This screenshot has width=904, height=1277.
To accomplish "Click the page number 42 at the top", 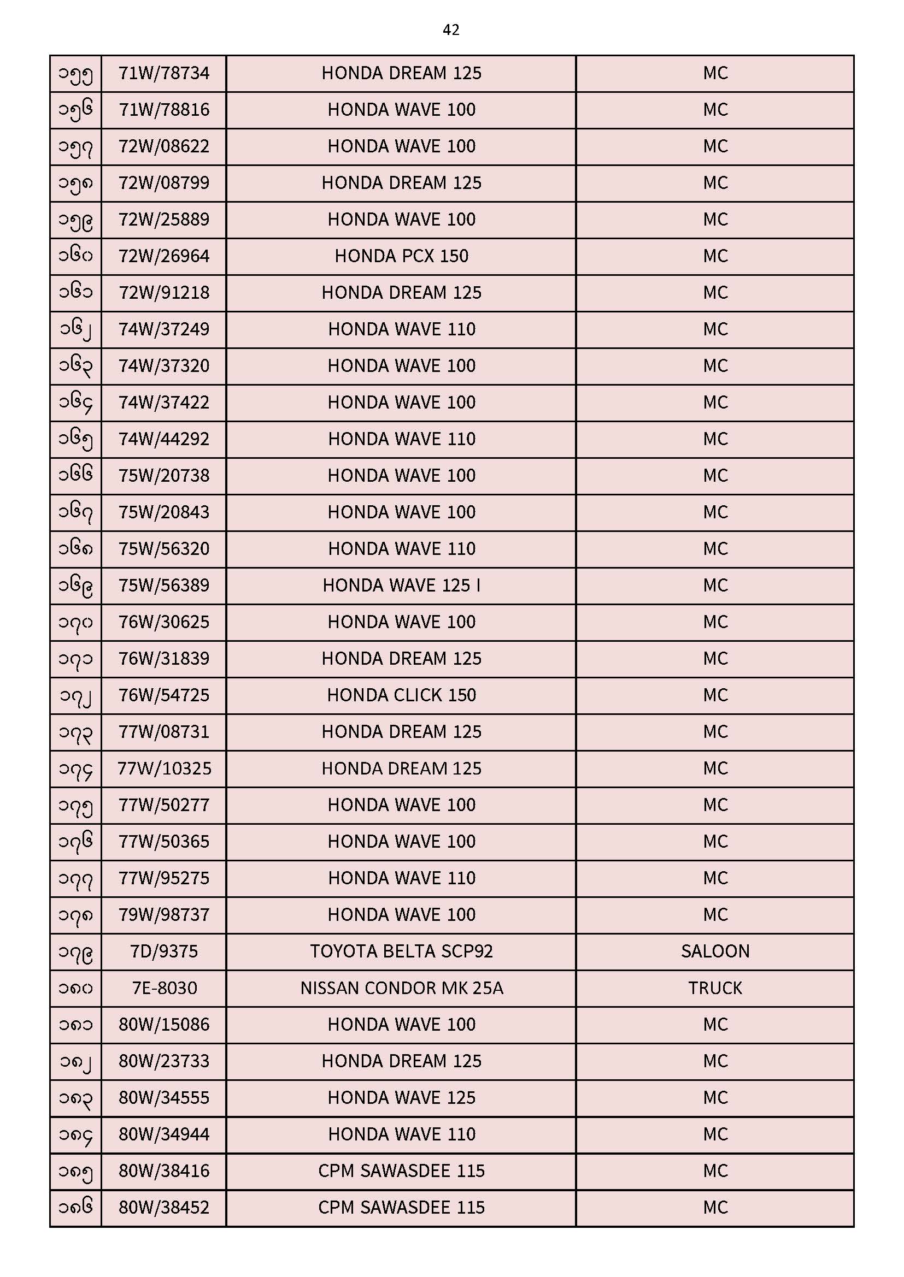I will pos(451,30).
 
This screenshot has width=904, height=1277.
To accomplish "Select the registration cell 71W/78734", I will pos(163,73).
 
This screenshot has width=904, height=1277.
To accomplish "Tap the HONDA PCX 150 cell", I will pos(401,256).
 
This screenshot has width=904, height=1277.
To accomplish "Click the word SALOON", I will pos(715,951).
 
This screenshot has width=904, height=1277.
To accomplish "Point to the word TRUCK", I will pos(715,989).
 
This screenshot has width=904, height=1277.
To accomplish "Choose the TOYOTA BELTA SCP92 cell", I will pos(401,951).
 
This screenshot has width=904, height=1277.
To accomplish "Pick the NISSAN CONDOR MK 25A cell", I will pos(401,989).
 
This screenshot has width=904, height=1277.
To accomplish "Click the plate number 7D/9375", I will pos(163,951).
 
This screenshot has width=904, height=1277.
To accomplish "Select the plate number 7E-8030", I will pos(163,989).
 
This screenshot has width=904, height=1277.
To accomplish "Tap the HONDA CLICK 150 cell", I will pos(401,695).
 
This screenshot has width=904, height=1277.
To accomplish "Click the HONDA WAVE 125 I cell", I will pos(401,586).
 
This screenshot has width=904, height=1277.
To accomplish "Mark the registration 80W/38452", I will pos(163,1208).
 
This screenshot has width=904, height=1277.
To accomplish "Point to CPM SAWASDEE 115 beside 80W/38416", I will pos(401,1171).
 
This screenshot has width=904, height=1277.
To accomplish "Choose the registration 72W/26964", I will pos(163,256).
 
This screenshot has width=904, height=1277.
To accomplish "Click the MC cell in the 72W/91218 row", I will pos(715,293).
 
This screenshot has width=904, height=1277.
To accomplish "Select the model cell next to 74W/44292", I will pos(401,439).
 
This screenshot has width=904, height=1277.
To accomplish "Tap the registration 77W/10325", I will pos(163,768).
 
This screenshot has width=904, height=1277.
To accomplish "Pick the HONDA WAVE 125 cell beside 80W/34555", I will pos(401,1098).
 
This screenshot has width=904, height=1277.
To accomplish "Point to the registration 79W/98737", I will pos(163,915).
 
